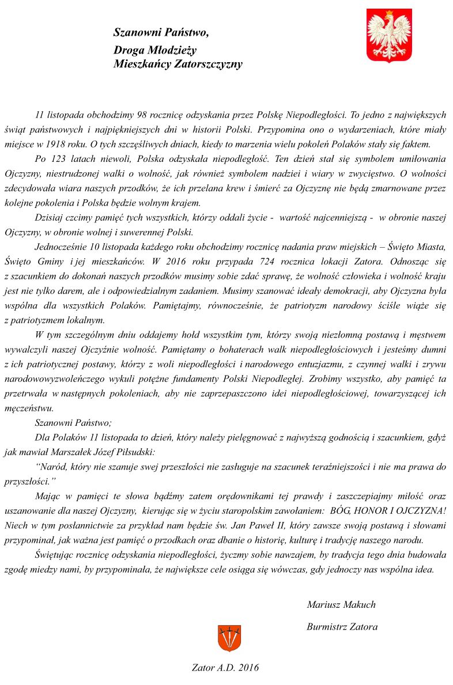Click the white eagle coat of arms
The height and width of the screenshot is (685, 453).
coord(389,35)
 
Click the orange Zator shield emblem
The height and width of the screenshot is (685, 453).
coord(229,638)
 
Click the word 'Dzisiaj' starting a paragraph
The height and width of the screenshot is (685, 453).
coord(50,218)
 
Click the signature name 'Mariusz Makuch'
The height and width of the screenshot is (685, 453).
coord(341,605)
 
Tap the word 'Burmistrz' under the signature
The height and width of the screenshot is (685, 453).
coord(327,627)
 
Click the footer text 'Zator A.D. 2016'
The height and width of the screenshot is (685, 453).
coord(225,668)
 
